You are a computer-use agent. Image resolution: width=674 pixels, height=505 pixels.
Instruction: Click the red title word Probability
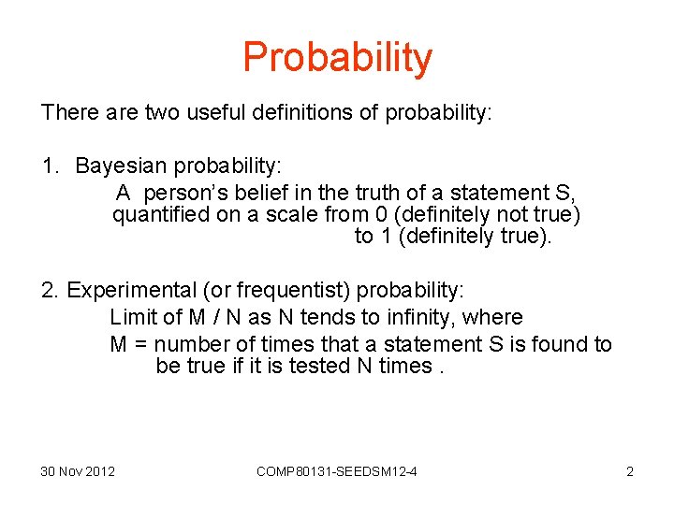point(337,57)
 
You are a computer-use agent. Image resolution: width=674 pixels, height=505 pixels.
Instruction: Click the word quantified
point(155,215)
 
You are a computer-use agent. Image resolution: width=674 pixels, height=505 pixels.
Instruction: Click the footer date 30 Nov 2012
point(78,471)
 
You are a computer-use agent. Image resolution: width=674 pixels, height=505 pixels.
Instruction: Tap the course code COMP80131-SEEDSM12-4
point(336,471)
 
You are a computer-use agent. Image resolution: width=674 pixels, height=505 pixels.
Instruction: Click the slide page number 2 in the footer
point(629,471)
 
